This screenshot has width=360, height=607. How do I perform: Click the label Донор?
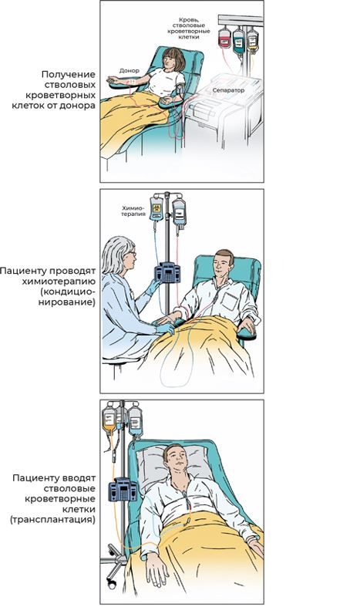130,71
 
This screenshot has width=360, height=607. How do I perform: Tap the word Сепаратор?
228,90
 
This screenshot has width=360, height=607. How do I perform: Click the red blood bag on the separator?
224,38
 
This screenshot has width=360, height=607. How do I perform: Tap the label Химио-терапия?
133,211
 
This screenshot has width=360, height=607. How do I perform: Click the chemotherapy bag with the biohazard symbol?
156,207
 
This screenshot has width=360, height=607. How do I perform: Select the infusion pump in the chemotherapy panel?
167,272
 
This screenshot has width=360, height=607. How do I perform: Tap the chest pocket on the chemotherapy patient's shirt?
229,301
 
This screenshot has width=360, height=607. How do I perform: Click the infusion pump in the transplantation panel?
123,489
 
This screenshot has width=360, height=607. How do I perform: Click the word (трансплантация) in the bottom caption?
53,519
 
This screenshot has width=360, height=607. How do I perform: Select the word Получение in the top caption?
68,75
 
